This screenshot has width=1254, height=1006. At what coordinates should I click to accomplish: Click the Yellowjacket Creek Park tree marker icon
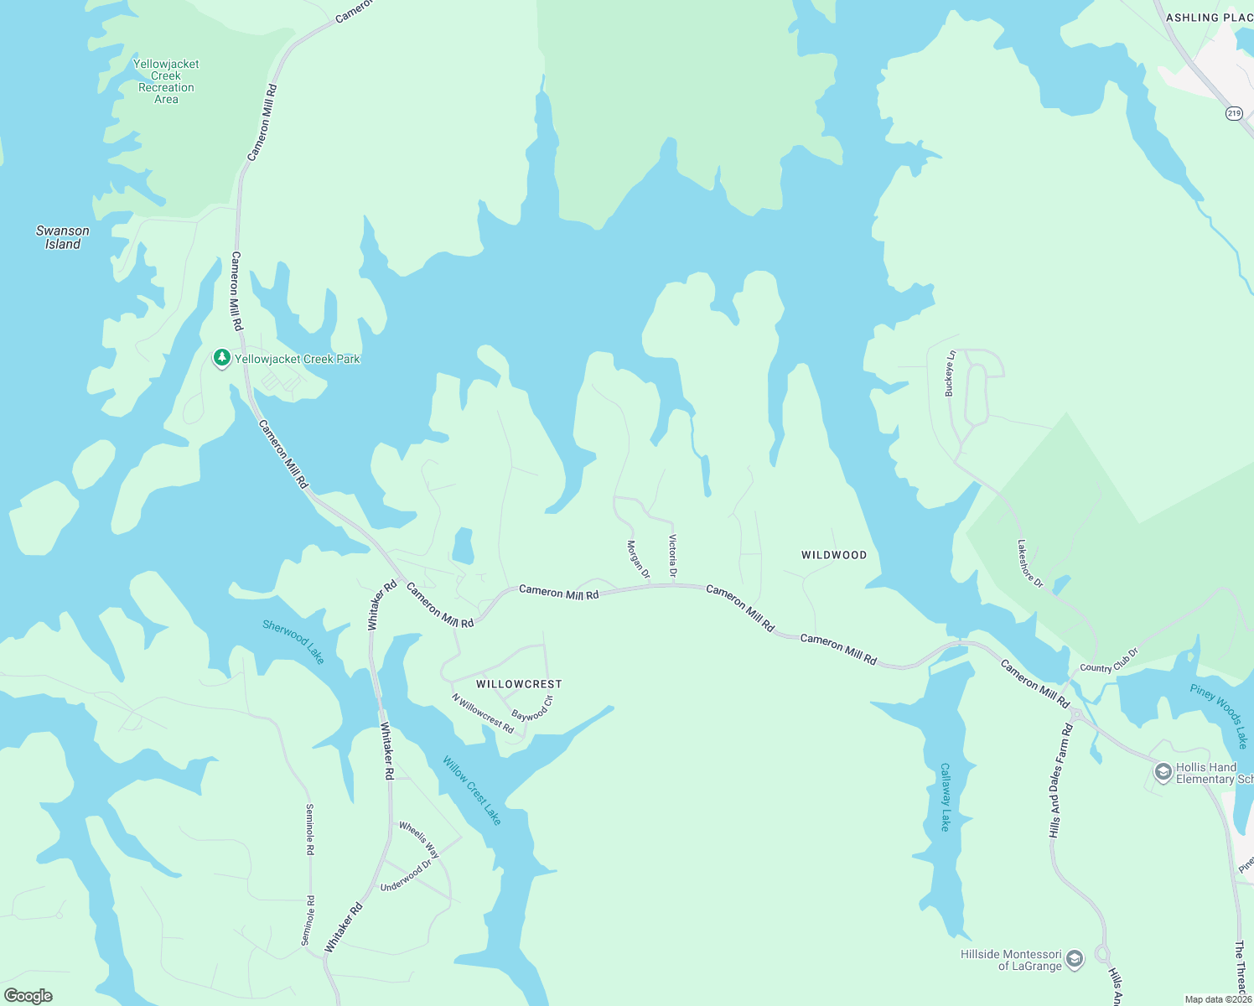point(221,359)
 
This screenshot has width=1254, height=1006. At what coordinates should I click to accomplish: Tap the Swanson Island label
point(63,237)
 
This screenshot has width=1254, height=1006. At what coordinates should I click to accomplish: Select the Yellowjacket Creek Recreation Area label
point(166,81)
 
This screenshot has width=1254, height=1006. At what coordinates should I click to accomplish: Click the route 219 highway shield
point(1234,113)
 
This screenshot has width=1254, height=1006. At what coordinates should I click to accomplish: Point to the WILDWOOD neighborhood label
point(834,555)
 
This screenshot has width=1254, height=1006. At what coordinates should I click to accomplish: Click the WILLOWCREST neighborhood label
point(519,684)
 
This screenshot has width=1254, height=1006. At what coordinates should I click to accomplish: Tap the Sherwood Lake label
point(293,641)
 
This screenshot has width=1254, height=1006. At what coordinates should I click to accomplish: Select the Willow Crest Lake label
point(472,791)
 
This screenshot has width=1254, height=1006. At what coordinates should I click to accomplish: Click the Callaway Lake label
point(946,797)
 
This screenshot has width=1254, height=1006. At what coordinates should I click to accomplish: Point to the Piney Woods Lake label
point(1219,716)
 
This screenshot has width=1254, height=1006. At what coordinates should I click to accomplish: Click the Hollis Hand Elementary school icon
point(1163,772)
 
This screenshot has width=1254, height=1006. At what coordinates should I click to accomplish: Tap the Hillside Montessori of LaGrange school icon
point(1075,959)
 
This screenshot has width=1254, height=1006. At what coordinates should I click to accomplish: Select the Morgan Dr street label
point(638,559)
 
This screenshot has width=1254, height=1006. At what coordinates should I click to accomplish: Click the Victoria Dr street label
point(672,556)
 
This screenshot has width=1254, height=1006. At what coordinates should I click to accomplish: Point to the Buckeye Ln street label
point(950,373)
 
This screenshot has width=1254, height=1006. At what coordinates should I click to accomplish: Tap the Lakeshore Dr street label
point(1030,563)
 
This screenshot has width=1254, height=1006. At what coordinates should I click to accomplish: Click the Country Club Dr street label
point(1109,661)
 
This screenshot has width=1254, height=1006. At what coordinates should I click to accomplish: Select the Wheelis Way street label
point(419,839)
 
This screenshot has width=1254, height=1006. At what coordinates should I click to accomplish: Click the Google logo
point(28,996)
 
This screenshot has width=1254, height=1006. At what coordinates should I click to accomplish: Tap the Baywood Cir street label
point(533,709)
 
